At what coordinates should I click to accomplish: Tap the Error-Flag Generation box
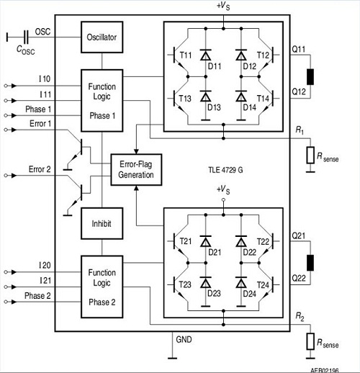coord(135,170)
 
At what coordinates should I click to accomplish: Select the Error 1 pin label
coord(41,124)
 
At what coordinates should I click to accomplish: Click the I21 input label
coord(45,279)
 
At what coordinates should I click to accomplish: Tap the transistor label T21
coord(186,241)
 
